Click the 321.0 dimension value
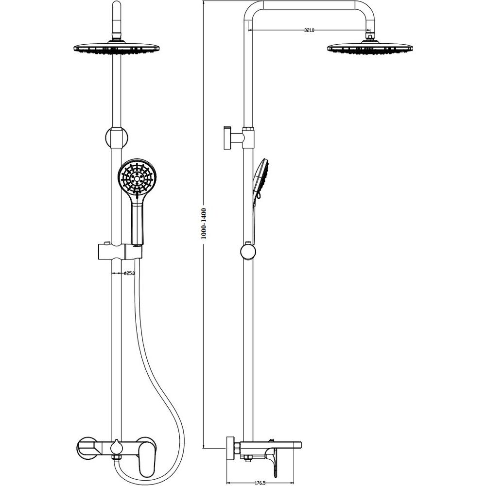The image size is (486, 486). tap(309, 30)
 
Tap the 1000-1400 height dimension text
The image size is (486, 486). tap(204, 224)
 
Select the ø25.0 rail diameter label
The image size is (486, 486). tap(129, 273)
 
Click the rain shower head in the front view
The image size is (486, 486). tap(117, 48)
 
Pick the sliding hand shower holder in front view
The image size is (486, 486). tap(120, 252)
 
